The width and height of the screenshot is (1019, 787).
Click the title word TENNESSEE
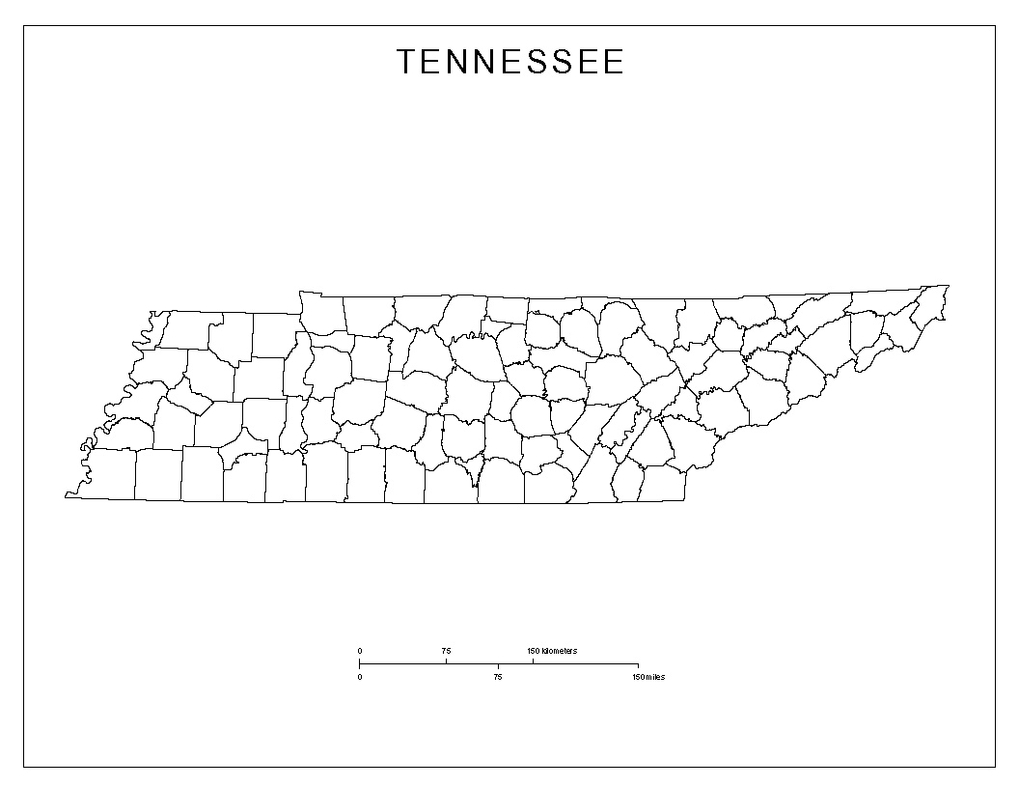coord(510,63)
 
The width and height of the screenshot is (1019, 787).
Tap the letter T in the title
coord(406,63)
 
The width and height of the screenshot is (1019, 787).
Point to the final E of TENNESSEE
coord(615,63)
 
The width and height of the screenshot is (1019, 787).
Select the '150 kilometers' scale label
coord(552,651)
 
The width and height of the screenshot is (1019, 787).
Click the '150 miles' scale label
coord(648,677)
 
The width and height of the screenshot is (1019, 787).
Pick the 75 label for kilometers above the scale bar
coord(446,651)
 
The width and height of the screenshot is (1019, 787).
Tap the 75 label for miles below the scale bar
coord(498,677)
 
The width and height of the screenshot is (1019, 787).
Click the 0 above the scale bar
coord(360,651)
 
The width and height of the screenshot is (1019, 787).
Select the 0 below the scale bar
coord(360,677)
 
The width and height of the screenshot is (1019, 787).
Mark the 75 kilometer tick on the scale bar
coord(446,661)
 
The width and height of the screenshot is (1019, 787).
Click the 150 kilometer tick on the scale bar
coord(533,661)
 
